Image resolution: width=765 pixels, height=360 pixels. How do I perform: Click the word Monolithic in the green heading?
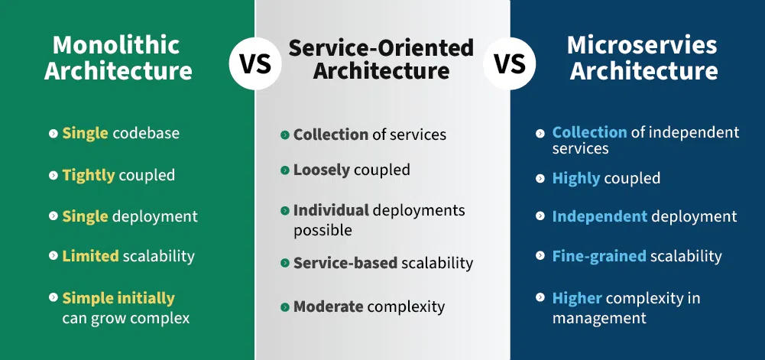point(116,46)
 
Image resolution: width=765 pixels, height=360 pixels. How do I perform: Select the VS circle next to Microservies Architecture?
point(510,64)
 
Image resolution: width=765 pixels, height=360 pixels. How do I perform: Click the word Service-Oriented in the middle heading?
point(381,48)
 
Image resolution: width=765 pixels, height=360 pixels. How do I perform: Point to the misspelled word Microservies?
point(642,45)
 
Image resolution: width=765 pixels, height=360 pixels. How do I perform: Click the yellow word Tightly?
point(89,176)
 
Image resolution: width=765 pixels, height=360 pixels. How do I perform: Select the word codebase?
point(146,133)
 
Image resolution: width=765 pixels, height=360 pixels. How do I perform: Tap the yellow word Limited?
point(90,256)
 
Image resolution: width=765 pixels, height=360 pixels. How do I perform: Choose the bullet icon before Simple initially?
point(53,297)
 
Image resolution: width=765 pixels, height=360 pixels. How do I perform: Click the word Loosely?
point(322,170)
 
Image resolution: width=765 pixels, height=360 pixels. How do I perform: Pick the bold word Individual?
point(331,211)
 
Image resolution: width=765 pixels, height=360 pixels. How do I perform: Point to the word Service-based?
point(345,264)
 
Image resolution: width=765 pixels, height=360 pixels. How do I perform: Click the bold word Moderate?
point(328,306)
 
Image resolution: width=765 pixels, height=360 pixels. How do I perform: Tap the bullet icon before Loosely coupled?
point(285,170)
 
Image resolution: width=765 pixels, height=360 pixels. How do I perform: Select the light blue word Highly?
point(575,179)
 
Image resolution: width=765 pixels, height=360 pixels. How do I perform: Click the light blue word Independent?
point(600,216)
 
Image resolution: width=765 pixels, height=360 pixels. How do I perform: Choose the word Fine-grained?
point(599,256)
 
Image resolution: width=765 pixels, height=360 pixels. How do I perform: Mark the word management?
point(599,319)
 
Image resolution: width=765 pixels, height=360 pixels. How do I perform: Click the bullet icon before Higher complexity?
point(540,297)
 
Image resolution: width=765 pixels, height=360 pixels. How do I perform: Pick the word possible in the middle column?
point(323,230)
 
